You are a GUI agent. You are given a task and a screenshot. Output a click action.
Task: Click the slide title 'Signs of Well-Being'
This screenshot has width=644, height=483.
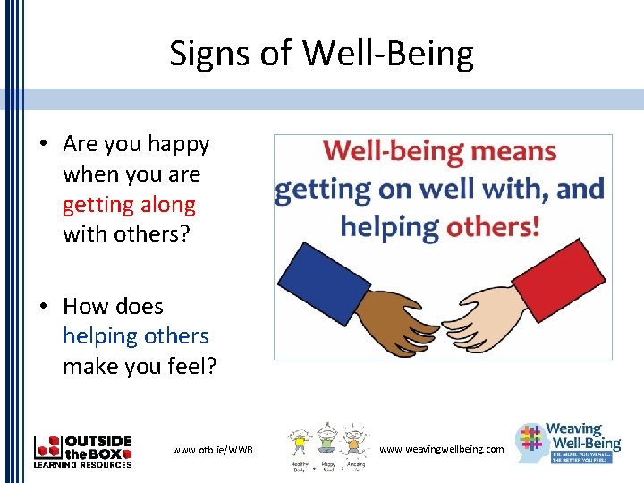pyautogui.click(x=322, y=55)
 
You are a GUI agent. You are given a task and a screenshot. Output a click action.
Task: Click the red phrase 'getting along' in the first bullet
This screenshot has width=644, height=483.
pyautogui.click(x=129, y=205)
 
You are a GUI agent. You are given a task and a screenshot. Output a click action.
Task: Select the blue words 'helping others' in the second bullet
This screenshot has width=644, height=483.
pyautogui.click(x=135, y=336)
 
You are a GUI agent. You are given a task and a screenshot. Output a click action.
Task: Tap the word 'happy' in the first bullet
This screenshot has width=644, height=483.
pyautogui.click(x=178, y=144)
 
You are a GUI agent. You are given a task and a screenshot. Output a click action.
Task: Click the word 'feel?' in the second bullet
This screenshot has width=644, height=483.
pyautogui.click(x=192, y=367)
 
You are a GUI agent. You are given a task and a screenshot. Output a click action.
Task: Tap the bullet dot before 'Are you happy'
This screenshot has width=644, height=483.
pyautogui.click(x=43, y=144)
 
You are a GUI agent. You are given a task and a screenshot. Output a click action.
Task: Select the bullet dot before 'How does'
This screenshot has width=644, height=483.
pyautogui.click(x=43, y=306)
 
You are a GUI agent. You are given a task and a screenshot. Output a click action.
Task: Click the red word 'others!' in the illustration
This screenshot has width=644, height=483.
pyautogui.click(x=493, y=225)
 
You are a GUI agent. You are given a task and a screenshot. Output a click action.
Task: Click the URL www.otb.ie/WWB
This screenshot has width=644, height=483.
pyautogui.click(x=212, y=449)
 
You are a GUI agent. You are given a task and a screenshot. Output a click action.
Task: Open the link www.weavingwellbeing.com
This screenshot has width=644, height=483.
pyautogui.click(x=441, y=449)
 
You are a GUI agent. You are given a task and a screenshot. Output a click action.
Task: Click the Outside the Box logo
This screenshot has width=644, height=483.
pyautogui.click(x=82, y=451)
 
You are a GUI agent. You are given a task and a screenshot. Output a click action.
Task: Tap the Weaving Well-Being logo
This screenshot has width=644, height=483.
pyautogui.click(x=569, y=444)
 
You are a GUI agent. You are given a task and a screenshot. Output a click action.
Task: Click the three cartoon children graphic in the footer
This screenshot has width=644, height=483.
pyautogui.click(x=326, y=447)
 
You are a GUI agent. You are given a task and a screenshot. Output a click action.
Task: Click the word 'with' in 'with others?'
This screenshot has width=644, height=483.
pyautogui.click(x=86, y=235)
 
